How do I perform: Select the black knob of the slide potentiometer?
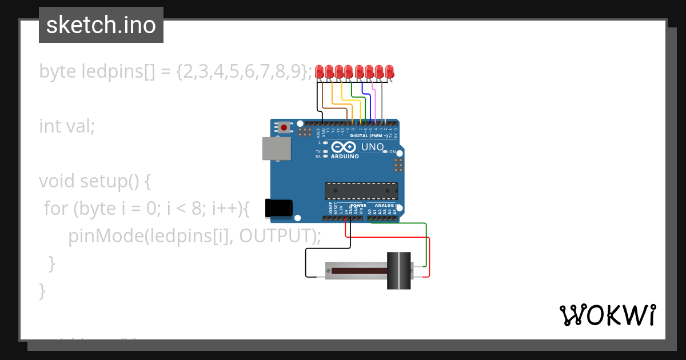(399, 270)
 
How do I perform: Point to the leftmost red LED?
(320, 72)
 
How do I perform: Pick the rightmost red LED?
(389, 72)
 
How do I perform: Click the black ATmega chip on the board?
(361, 191)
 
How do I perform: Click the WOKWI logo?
(607, 315)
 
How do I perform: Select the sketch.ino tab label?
(101, 25)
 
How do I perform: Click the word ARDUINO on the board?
(345, 156)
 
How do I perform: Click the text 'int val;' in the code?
(67, 126)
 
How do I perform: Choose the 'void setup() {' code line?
(95, 181)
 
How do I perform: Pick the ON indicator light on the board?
(399, 152)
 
